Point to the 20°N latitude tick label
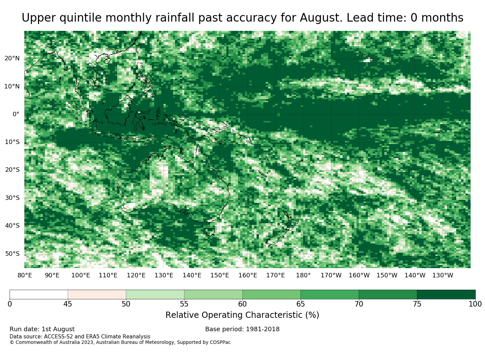pos(12,58)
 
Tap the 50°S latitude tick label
pos(12,254)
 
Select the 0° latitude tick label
pos(16,114)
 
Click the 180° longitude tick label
pos(303,275)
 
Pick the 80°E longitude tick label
pos(25,275)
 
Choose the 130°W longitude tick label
pos(443,275)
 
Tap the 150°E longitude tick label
pos(220,275)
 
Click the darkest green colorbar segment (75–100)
pos(446,294)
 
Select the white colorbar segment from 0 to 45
pos(39,294)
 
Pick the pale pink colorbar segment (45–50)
pos(97,294)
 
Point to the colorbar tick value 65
pos(300,304)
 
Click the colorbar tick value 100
pos(475,304)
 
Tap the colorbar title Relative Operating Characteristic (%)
pos(242,315)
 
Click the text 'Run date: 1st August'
pos(42,329)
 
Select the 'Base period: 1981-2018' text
pos(242,329)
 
